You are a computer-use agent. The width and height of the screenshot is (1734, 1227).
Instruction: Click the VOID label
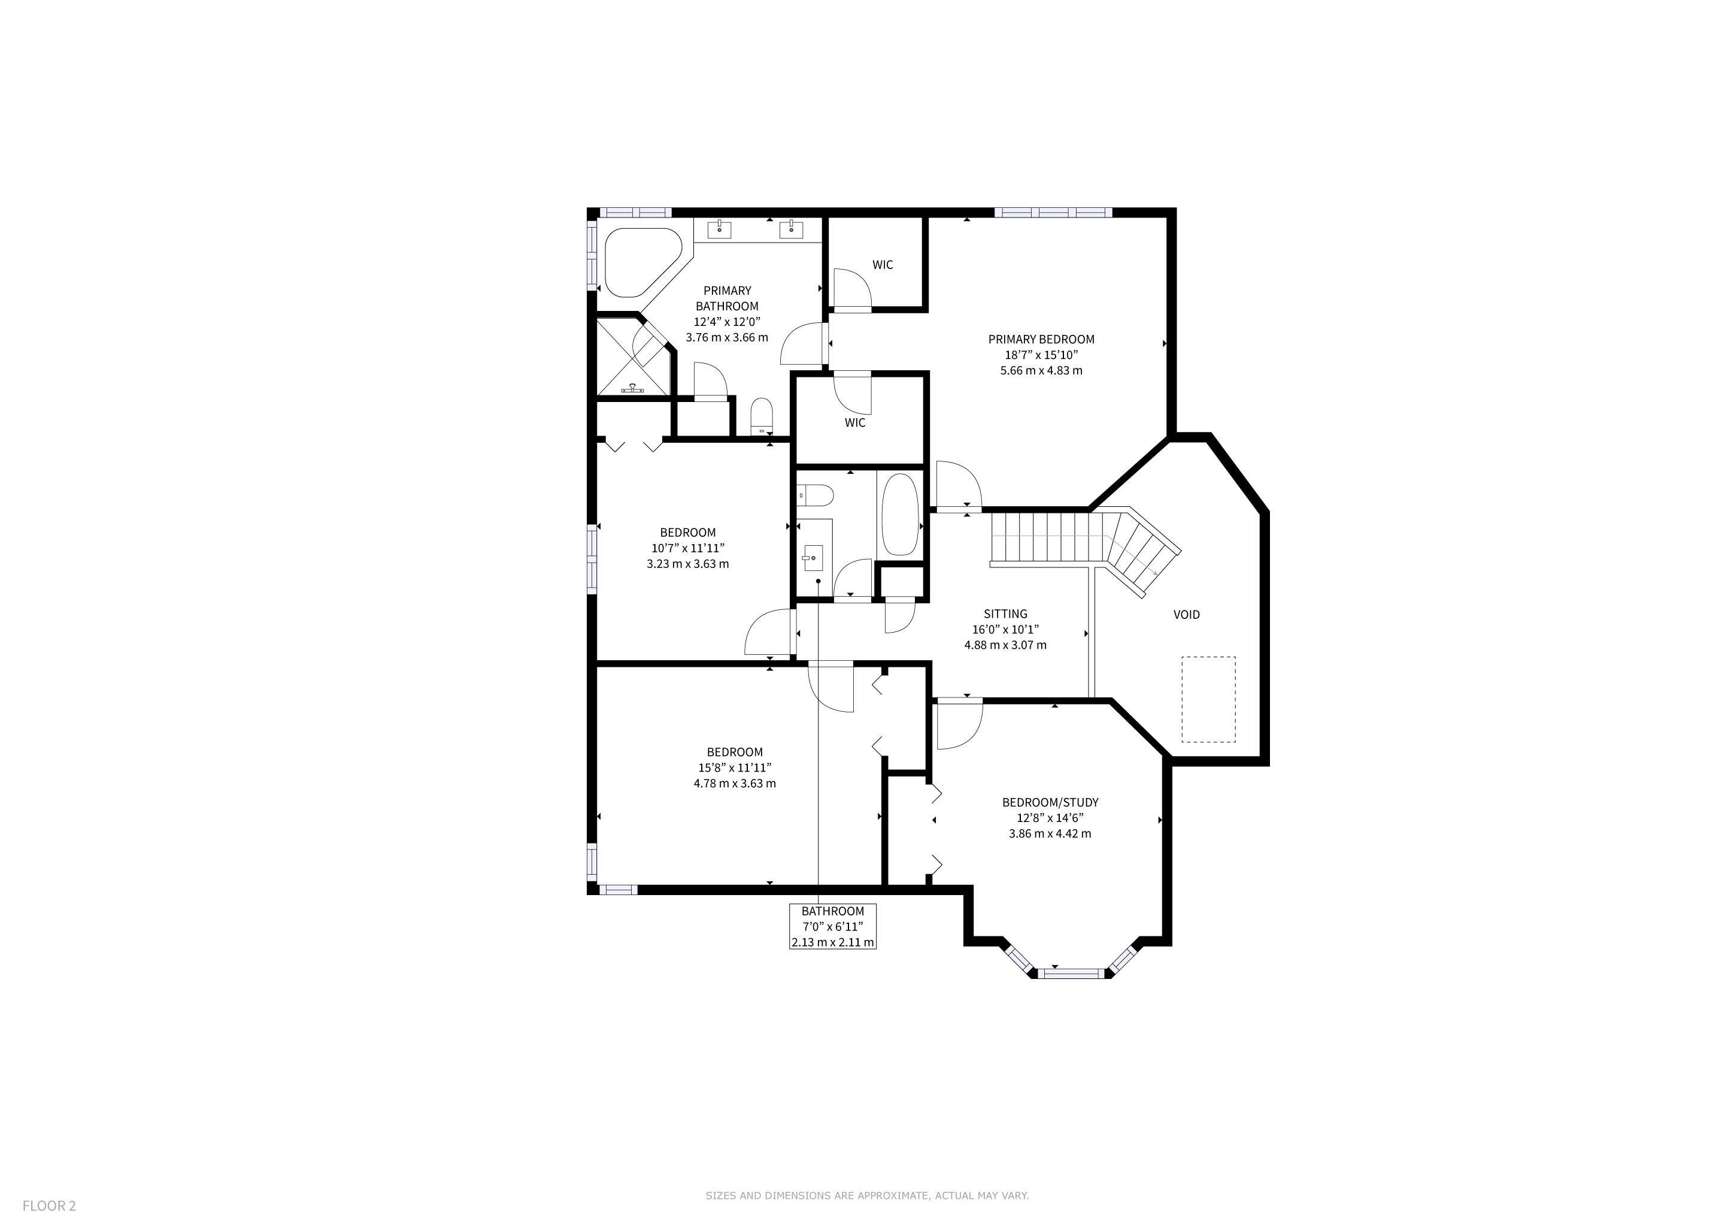pyautogui.click(x=1187, y=614)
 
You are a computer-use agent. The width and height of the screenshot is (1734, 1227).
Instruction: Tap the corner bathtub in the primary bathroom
pyautogui.click(x=642, y=261)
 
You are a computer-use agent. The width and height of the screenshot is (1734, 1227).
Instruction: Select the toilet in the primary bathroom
pyautogui.click(x=761, y=416)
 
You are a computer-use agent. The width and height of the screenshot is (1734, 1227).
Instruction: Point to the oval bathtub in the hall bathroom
pyautogui.click(x=899, y=515)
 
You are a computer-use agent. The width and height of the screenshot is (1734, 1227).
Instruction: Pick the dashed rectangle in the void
pyautogui.click(x=1208, y=699)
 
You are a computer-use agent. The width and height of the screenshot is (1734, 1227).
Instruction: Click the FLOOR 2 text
pyautogui.click(x=49, y=1205)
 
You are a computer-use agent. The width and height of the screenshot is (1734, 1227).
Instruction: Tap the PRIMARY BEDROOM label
pyautogui.click(x=1041, y=339)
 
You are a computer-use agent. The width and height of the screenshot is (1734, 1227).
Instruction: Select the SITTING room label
pyautogui.click(x=1005, y=613)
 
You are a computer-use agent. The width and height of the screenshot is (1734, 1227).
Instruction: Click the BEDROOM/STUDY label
pyautogui.click(x=1050, y=802)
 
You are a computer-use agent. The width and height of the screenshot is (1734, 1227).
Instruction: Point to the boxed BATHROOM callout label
pyautogui.click(x=833, y=926)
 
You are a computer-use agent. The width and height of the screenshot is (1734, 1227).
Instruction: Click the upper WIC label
pyautogui.click(x=883, y=264)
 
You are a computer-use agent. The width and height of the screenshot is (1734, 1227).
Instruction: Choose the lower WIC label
pyautogui.click(x=855, y=422)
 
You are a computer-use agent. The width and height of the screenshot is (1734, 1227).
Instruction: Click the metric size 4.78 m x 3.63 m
pyautogui.click(x=735, y=784)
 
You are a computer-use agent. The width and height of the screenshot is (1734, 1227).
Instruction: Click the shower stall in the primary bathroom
pyautogui.click(x=633, y=356)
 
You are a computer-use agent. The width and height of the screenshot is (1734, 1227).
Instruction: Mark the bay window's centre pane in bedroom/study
pyautogui.click(x=1072, y=973)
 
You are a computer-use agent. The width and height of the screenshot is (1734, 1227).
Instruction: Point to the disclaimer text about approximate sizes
pyautogui.click(x=867, y=1195)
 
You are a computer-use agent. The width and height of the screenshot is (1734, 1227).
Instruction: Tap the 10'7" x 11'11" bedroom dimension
pyautogui.click(x=687, y=548)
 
